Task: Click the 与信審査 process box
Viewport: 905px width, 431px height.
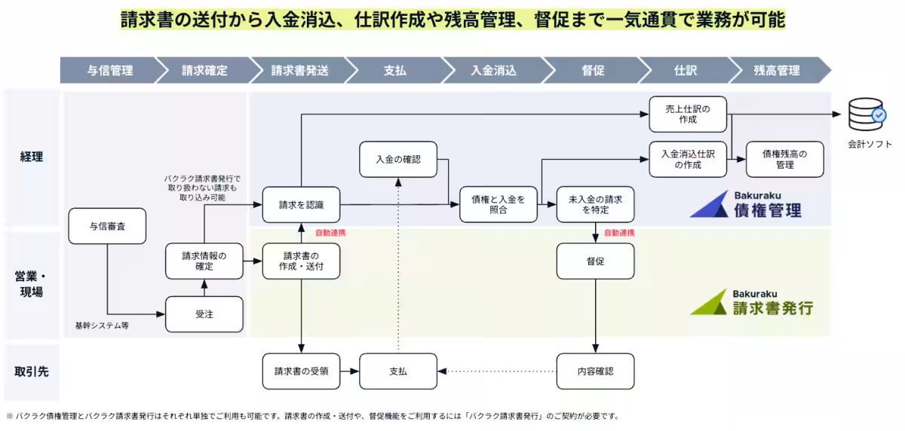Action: (107, 226)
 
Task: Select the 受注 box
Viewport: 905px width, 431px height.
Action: (204, 314)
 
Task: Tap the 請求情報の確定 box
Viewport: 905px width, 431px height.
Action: (204, 261)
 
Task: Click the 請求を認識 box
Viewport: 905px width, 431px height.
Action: (301, 204)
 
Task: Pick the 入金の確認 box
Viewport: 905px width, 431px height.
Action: (397, 159)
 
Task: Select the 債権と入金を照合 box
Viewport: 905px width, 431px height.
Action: (499, 204)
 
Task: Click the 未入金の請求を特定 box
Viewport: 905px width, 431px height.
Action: (595, 204)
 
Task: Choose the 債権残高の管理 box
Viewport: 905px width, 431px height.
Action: (784, 159)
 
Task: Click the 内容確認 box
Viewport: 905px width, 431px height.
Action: (595, 371)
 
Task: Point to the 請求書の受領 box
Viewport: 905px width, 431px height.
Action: (301, 371)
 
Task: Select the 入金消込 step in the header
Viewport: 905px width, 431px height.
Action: (493, 70)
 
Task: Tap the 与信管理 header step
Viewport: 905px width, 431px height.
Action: (110, 70)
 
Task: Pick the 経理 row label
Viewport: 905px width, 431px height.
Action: (32, 157)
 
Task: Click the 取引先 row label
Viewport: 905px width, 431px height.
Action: (32, 371)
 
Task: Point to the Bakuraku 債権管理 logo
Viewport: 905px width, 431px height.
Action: (746, 203)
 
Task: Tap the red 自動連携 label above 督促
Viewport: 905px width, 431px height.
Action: (619, 233)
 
